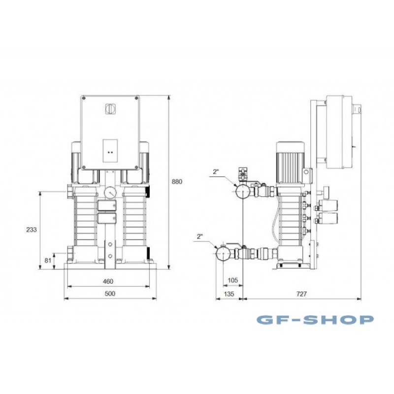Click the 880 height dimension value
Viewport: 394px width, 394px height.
177,181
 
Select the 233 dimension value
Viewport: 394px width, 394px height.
32,230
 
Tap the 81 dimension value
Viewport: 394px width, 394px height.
48,261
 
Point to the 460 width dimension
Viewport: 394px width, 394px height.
108,281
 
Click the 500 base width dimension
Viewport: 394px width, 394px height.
110,294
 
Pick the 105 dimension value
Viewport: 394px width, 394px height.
232,280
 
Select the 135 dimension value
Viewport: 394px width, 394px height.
229,294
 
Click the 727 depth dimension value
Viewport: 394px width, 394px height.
301,294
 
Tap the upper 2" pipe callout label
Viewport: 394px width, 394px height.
216,172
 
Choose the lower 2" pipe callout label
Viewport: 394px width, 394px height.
200,236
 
